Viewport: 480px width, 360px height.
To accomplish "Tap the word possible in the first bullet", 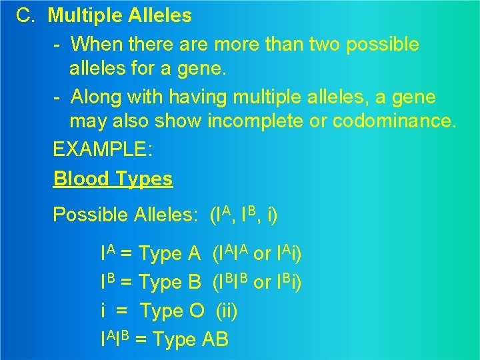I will pyautogui.click(x=379, y=45).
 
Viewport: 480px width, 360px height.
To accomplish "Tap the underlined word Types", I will pyautogui.click(x=143, y=179).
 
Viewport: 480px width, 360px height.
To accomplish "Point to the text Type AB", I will pyautogui.click(x=191, y=340).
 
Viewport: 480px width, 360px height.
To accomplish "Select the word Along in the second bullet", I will pyautogui.click(x=95, y=97).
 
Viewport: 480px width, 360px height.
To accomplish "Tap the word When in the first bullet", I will pyautogui.click(x=94, y=45).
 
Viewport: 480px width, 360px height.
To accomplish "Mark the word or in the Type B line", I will pyautogui.click(x=263, y=283).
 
